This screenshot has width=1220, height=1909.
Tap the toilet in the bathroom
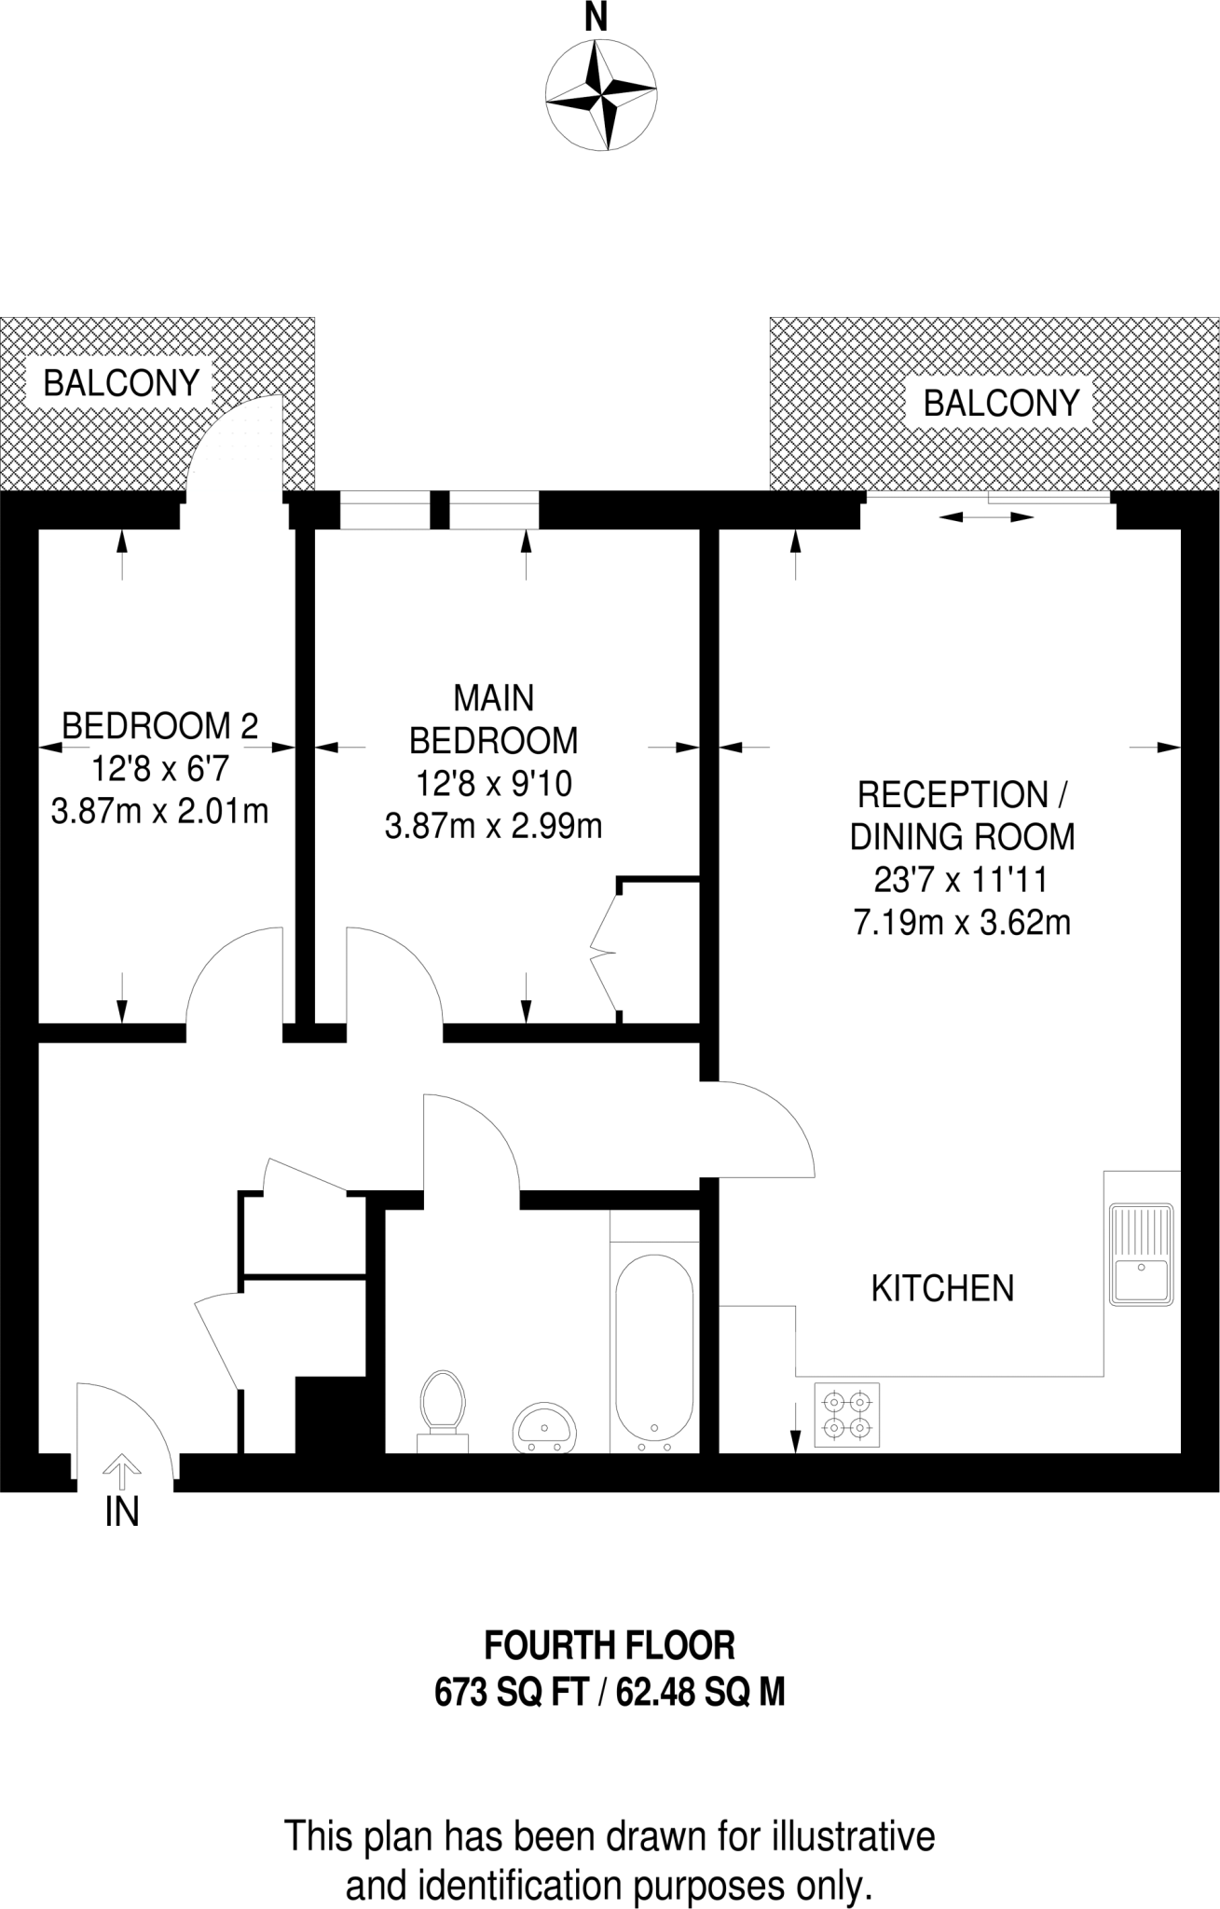click(442, 1411)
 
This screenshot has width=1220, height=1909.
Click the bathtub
click(654, 1353)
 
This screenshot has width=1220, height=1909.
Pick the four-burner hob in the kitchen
click(846, 1414)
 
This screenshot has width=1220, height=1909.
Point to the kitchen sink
click(1142, 1253)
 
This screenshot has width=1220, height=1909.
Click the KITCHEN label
click(942, 1288)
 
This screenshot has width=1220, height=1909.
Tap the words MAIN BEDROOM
click(493, 719)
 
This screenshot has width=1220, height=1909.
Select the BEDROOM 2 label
click(159, 724)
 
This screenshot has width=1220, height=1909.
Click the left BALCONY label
click(122, 383)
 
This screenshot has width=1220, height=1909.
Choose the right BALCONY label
click(1001, 403)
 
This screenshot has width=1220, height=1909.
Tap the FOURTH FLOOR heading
click(610, 1646)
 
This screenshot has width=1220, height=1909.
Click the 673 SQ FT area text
click(513, 1692)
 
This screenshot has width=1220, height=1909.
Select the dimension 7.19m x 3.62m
click(962, 923)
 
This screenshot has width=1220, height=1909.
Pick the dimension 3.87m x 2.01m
click(159, 811)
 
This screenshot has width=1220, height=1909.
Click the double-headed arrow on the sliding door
click(987, 516)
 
